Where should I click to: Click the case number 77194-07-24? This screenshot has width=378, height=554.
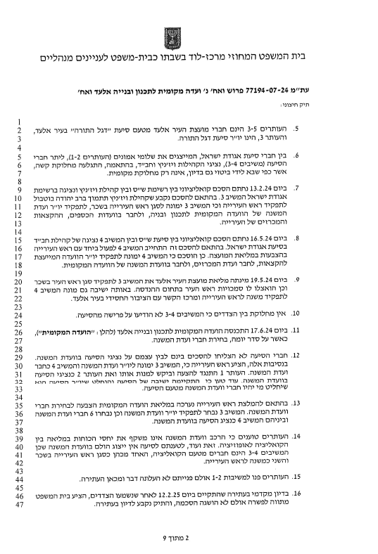point(281,91)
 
